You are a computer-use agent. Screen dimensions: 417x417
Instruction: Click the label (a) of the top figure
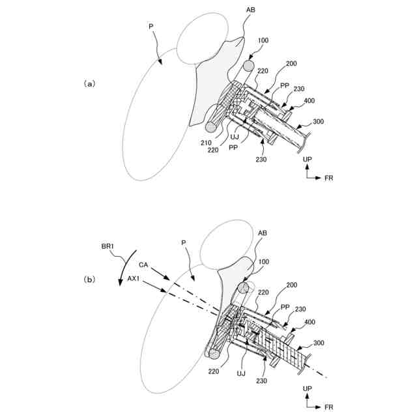(90, 83)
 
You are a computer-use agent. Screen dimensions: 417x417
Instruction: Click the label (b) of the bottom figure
(90, 280)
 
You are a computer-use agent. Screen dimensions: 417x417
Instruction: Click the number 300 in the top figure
(318, 122)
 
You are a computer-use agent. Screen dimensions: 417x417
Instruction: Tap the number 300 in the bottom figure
(318, 343)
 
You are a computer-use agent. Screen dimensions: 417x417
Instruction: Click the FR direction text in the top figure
(329, 177)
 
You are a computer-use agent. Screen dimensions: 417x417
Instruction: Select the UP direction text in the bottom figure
(307, 388)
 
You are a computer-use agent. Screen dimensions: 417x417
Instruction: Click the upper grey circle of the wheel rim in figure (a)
(248, 66)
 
